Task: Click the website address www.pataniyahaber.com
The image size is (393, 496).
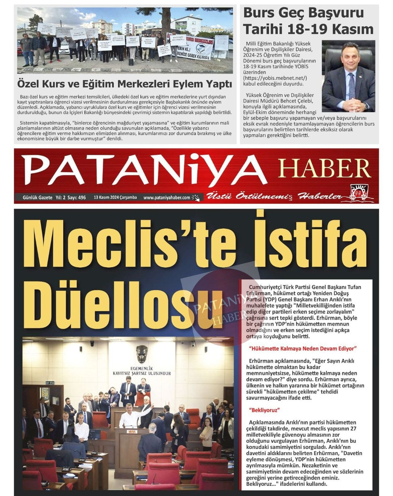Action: [x=167, y=197]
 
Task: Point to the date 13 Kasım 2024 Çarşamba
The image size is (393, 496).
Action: [x=115, y=197]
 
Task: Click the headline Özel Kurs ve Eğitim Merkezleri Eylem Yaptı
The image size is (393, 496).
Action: [x=124, y=84]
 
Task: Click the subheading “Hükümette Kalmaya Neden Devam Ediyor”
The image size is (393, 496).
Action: [x=303, y=349]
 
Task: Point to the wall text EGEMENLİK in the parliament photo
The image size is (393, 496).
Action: [x=142, y=368]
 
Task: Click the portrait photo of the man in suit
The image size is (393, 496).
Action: [x=348, y=76]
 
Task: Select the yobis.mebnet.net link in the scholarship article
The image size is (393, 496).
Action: [x=275, y=78]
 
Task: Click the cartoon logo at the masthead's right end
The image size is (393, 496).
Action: [x=361, y=194]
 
